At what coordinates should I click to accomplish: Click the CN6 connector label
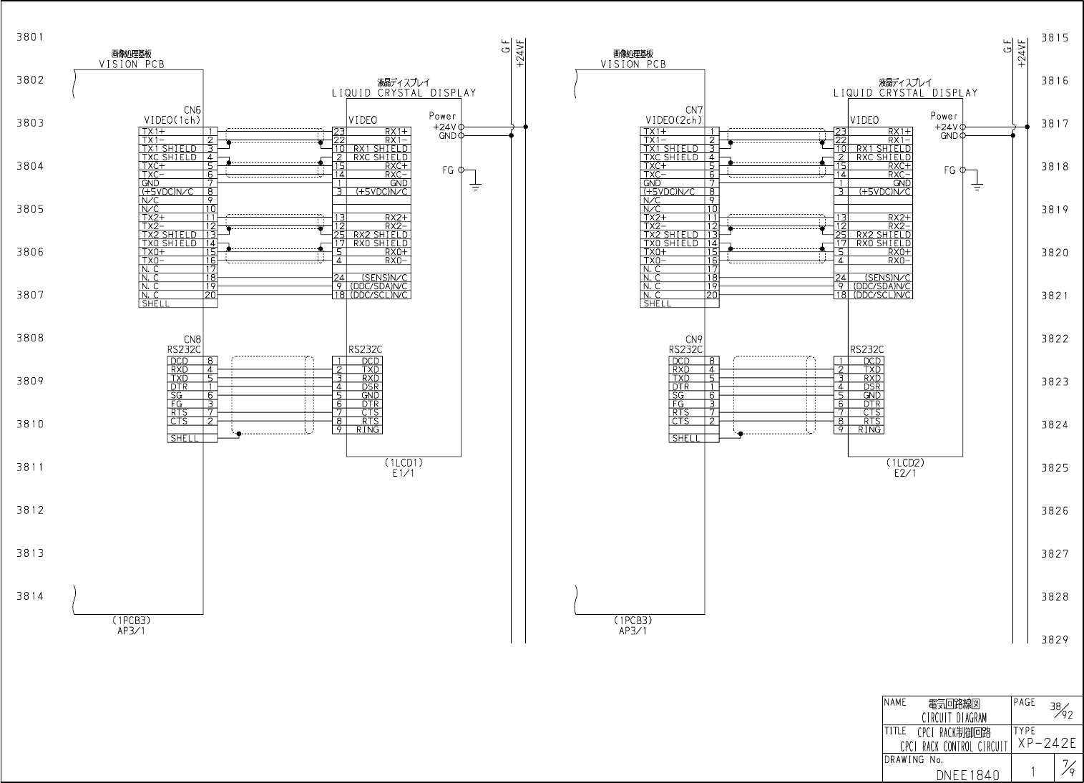192,110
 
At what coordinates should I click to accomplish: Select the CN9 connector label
694,339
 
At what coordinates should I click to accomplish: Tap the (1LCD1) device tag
404,462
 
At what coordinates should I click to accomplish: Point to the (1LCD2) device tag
905,462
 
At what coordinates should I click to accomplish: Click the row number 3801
30,37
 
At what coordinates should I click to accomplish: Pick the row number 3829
1055,640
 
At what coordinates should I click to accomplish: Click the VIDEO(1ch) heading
172,120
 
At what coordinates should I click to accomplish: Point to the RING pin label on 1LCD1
368,430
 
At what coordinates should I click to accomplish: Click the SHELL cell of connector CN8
184,438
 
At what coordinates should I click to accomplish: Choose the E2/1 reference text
905,472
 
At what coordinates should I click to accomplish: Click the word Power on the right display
944,116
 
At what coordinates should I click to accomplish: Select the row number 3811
30,467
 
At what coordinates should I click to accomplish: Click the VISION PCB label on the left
132,64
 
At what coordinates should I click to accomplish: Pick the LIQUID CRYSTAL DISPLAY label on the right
905,93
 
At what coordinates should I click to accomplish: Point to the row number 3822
1055,339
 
